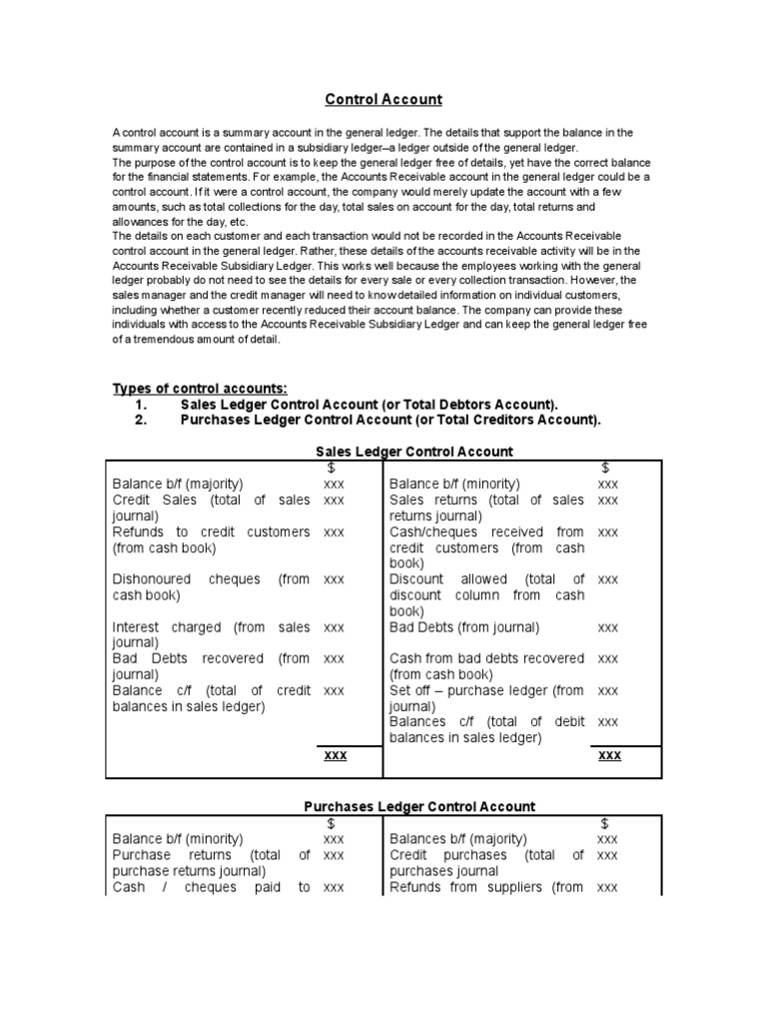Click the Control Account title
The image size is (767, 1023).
point(383,100)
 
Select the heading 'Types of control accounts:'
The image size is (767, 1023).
point(200,389)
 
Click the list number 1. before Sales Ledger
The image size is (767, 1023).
point(141,405)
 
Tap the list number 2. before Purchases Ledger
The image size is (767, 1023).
point(141,421)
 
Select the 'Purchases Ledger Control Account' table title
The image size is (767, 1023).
point(419,806)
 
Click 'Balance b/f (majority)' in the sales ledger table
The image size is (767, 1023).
point(178,484)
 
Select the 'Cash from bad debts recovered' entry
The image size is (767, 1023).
point(486,658)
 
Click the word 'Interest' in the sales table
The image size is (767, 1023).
point(139,627)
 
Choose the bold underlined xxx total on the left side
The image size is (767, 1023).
point(335,755)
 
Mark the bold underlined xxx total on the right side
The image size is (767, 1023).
point(608,755)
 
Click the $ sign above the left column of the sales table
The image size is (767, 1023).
point(332,468)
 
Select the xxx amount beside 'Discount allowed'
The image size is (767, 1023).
point(608,579)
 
